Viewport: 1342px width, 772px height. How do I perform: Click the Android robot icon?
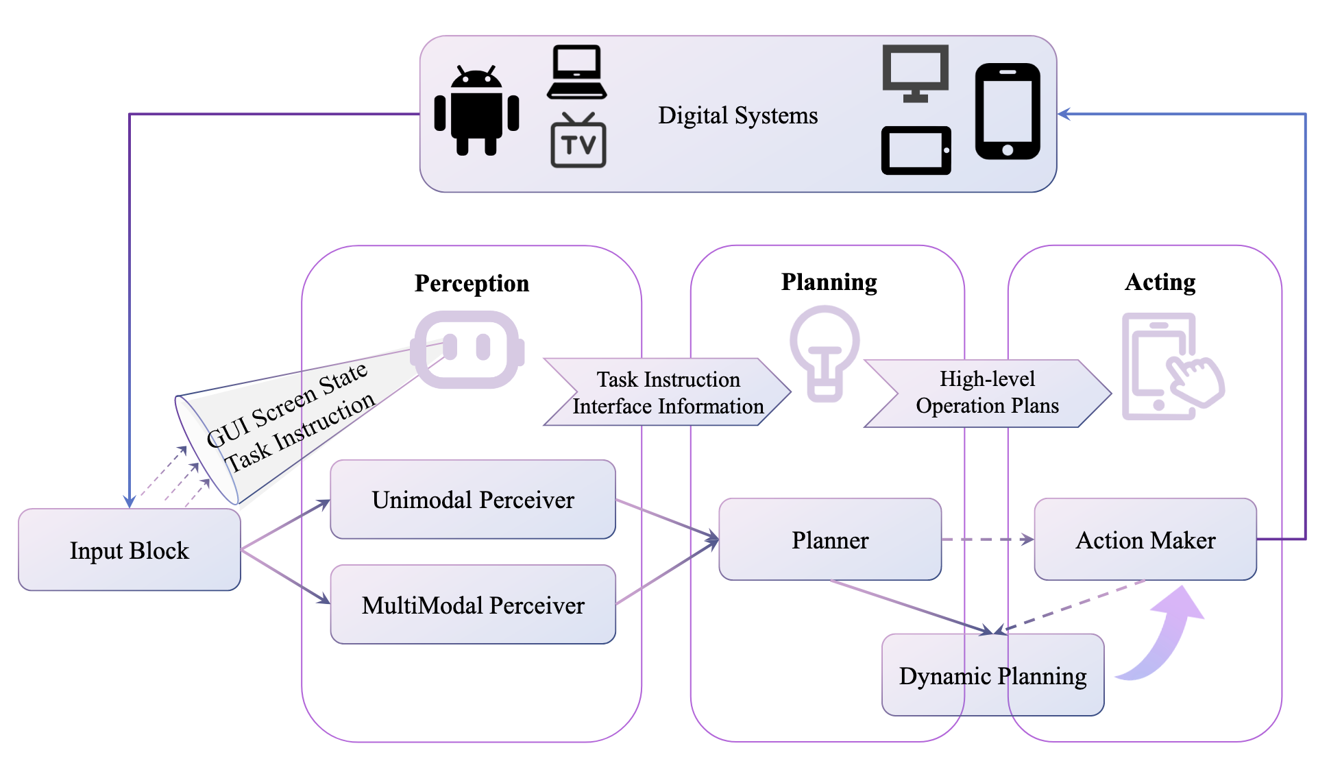476,111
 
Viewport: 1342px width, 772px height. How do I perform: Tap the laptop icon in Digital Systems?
576,72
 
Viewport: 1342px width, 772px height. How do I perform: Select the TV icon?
578,142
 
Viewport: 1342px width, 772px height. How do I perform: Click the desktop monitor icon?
915,73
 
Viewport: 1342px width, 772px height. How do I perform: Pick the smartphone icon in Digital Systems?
1007,111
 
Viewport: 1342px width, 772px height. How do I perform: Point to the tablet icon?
916,150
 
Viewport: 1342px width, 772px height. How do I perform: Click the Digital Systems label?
737,115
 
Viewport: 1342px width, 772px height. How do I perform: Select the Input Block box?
130,550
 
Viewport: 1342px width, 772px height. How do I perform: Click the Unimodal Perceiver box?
473,500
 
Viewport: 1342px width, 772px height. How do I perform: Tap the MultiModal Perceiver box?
473,605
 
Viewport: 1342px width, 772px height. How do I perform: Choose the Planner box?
830,540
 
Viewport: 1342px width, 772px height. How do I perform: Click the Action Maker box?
1145,540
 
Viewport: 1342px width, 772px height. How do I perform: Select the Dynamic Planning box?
992,676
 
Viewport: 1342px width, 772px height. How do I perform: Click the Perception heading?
472,283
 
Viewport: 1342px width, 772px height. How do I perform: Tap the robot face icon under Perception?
467,349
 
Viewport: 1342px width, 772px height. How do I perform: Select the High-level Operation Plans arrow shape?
987,393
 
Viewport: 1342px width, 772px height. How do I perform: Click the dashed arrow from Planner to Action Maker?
987,540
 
